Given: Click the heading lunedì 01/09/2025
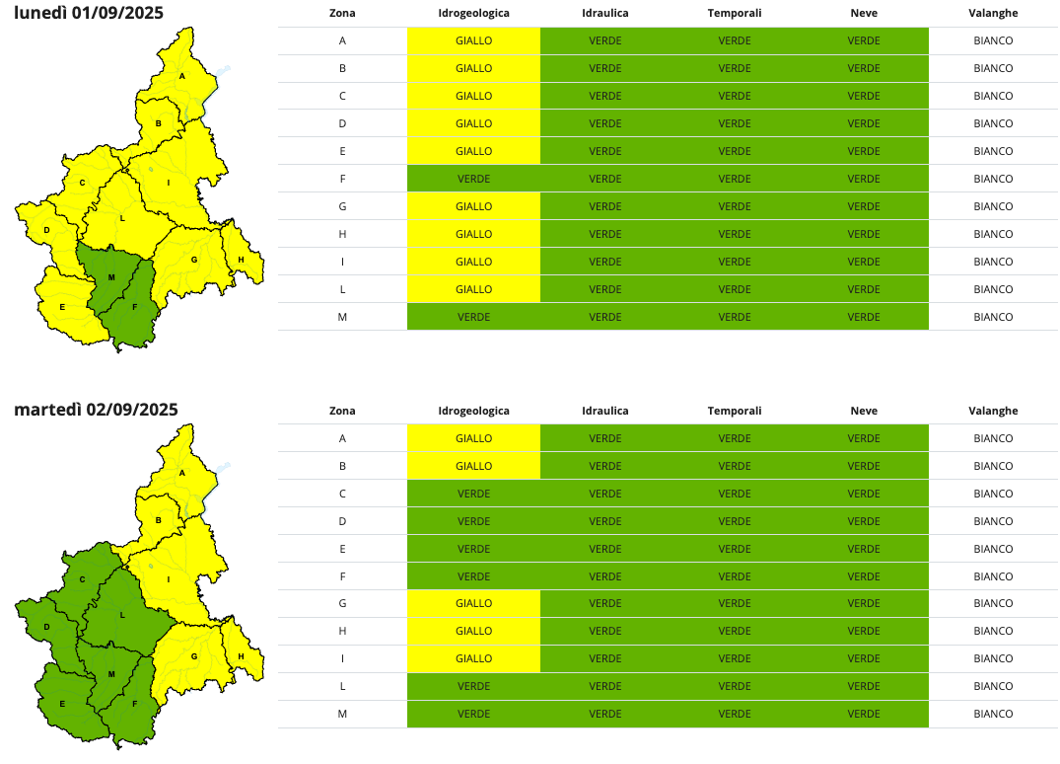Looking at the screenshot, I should [x=89, y=13].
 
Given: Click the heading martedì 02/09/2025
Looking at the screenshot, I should [x=96, y=410].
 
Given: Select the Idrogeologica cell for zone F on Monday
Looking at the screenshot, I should [x=473, y=179].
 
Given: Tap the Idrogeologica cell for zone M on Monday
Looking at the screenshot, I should [x=473, y=317].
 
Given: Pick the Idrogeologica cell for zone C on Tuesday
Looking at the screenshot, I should [x=473, y=494].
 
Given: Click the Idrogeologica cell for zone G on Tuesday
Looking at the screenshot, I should [x=473, y=603].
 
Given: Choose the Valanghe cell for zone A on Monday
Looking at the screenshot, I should [x=993, y=40].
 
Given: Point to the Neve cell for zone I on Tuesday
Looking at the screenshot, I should [x=863, y=658].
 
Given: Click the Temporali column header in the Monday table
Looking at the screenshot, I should [x=735, y=14].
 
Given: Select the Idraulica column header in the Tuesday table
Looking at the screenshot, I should [x=605, y=411].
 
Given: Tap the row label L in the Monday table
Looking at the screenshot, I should [x=342, y=289].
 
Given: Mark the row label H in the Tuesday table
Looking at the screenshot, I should [x=342, y=631].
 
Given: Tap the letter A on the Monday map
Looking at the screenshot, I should [x=182, y=76].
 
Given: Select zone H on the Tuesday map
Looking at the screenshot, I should [x=242, y=655].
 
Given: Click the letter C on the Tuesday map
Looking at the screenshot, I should [x=83, y=579].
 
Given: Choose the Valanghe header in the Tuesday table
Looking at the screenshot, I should [x=993, y=411].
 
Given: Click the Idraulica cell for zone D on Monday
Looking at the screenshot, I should [x=605, y=123].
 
